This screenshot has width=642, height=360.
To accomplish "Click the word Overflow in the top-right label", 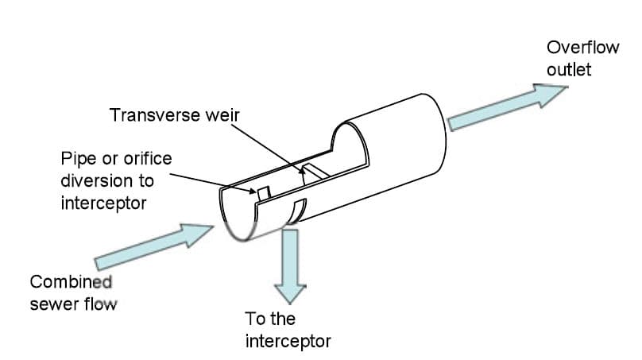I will [x=582, y=47].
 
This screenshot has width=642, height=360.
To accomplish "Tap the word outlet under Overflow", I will [x=568, y=70].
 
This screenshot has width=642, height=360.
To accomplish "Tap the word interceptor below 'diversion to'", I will [x=103, y=203].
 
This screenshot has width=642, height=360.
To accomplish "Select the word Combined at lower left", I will [x=71, y=281].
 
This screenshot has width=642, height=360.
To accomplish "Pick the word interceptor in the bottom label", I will [x=288, y=342].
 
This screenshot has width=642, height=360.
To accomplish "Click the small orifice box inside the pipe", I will [x=263, y=193].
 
